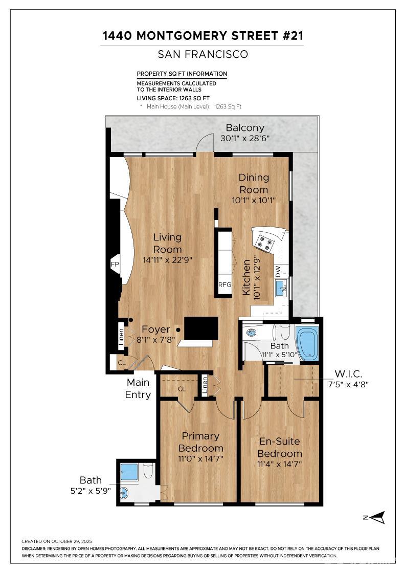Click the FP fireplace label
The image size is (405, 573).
[115, 265]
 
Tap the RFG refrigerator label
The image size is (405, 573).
[225, 284]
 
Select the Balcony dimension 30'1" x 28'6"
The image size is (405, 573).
[245, 138]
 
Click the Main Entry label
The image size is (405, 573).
[138, 388]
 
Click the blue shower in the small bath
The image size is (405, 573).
[129, 472]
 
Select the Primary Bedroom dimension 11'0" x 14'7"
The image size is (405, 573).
[201, 458]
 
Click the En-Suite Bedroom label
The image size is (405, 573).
[279, 447]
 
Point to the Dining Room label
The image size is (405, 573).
[254, 183]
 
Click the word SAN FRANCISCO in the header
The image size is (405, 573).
[202, 54]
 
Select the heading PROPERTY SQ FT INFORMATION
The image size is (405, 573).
[182, 74]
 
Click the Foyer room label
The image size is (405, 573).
[155, 329]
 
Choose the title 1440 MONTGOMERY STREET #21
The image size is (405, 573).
[202, 35]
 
